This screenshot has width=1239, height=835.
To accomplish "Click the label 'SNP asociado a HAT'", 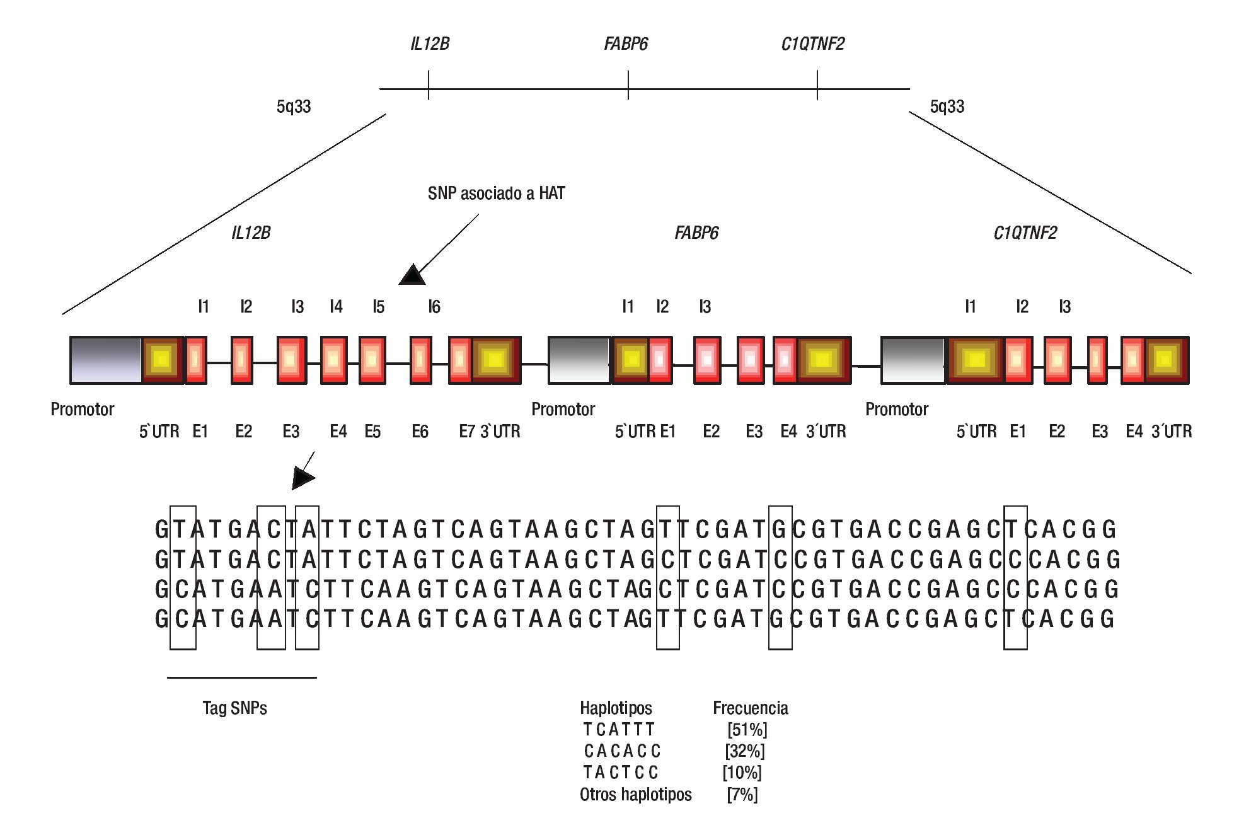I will click(x=496, y=193).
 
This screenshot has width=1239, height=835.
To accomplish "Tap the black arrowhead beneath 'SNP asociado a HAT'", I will click(x=413, y=275).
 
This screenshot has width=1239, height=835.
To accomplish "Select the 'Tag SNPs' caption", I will click(x=234, y=708).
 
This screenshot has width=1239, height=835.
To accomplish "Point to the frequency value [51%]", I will click(x=747, y=729).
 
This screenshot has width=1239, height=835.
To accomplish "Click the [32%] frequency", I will click(x=744, y=751).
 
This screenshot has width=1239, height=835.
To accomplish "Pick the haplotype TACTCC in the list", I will click(x=620, y=772).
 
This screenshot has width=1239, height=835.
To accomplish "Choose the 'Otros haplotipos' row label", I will click(x=635, y=794).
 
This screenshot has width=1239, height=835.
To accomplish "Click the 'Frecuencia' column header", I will click(x=750, y=708).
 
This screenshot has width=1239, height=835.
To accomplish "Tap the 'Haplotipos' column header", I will click(x=616, y=708).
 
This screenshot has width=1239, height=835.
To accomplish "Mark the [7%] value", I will click(x=742, y=794).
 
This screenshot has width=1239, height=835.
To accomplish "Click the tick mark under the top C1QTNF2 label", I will click(x=817, y=85).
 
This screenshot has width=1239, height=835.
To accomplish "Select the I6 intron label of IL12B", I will click(x=434, y=307).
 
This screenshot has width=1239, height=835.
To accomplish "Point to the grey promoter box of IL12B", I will click(x=105, y=360).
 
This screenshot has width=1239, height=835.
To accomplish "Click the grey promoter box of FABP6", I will click(x=579, y=360).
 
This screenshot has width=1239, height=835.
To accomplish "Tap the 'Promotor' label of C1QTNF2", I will click(x=896, y=410).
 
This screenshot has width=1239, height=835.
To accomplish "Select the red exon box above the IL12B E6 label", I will click(x=421, y=360).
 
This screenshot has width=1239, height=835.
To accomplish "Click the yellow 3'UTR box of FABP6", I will click(x=822, y=360).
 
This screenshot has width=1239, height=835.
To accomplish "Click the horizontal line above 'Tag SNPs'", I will click(x=241, y=677).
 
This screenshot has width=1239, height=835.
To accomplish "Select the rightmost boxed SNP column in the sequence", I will click(x=1015, y=577).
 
